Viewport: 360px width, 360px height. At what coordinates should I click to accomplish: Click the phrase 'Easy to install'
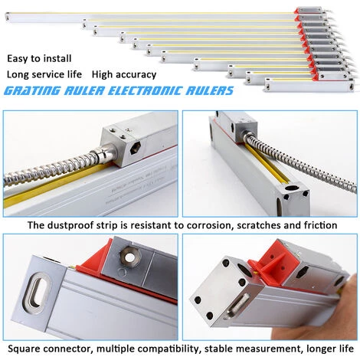pyautogui.click(x=40, y=58)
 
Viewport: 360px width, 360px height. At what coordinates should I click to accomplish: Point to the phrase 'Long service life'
pyautogui.click(x=44, y=75)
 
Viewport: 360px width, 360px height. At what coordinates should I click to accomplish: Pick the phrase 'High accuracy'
pyautogui.click(x=124, y=75)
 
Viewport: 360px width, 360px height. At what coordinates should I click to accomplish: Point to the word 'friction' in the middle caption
pyautogui.click(x=317, y=226)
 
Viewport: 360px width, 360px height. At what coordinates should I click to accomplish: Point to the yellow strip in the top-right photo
pyautogui.click(x=268, y=161)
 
